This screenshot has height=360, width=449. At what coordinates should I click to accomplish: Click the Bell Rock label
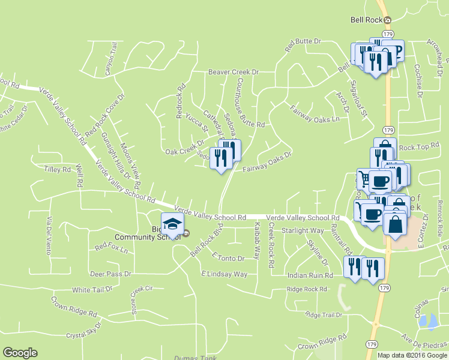tap(366, 20)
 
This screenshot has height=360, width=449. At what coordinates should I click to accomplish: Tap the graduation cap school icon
tap(172, 224)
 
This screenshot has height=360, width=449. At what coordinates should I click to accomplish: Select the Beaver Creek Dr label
tap(233, 72)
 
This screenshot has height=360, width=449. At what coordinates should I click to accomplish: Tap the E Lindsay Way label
tap(224, 274)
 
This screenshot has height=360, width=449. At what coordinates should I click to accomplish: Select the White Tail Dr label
tap(92, 289)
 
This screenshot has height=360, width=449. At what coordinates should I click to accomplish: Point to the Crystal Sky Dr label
tap(84, 334)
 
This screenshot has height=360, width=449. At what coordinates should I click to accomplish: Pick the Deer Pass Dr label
tap(110, 274)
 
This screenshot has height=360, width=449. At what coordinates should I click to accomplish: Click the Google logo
tap(20, 353)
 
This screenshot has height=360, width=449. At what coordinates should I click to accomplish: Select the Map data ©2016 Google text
tap(412, 355)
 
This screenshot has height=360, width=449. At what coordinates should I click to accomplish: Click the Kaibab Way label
tap(257, 239)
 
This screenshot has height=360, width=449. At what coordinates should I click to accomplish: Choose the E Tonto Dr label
tap(228, 258)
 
